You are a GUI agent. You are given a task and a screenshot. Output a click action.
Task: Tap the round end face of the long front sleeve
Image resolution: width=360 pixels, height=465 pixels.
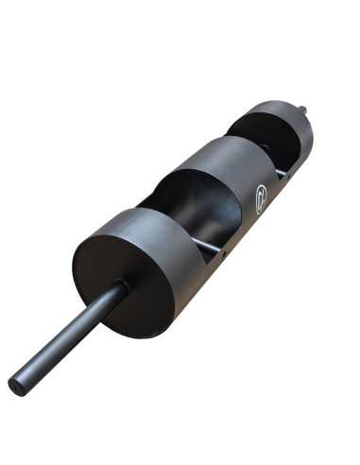(17, 385)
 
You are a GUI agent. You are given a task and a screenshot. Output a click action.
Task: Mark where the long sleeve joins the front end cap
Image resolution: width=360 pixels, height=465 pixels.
(120, 288)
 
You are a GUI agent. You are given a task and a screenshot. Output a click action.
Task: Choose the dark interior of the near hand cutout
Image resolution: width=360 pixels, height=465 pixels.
(189, 208)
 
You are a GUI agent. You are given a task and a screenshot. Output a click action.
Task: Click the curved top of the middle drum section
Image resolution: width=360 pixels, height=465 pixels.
(227, 151)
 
